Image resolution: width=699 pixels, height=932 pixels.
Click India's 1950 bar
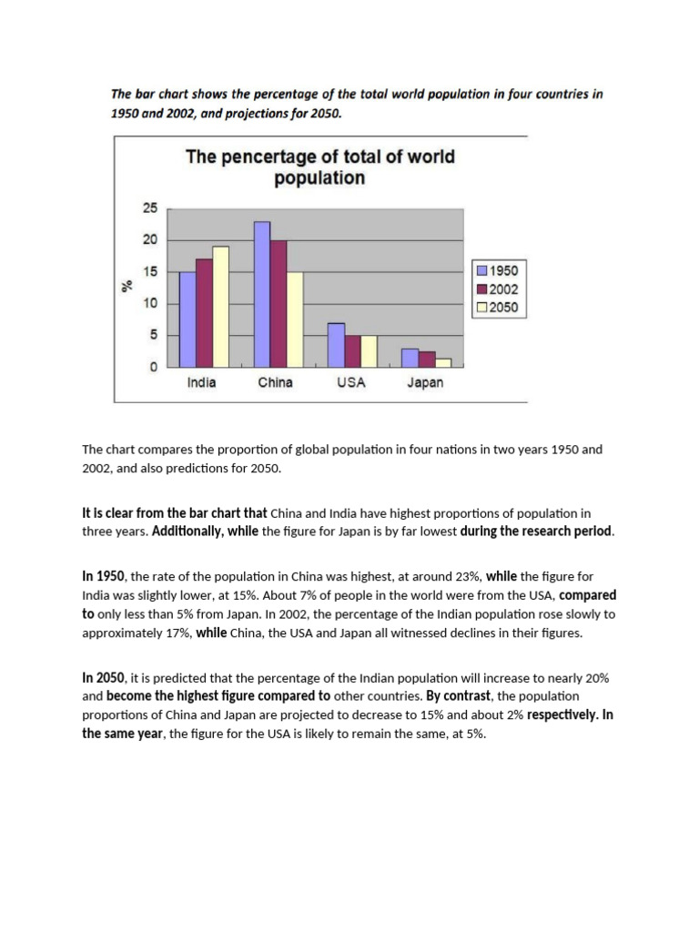187,319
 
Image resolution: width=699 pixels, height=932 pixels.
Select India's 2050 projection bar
219,306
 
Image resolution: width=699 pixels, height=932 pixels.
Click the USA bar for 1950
336,344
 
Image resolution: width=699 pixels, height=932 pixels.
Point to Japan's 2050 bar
443,362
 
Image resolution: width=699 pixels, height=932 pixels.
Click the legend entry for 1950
497,271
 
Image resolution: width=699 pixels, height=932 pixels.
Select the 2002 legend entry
497,289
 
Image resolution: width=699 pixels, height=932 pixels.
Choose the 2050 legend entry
497,308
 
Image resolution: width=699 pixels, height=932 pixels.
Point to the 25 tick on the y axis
149,208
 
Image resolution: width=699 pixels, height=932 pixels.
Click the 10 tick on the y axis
149,303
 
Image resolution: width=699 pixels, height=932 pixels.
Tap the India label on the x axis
201,383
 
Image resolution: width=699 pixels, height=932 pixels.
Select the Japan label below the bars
425,383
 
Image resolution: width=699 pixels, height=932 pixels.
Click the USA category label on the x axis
350,383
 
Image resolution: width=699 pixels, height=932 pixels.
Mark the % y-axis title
128,286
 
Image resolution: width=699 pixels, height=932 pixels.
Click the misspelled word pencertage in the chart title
268,157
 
